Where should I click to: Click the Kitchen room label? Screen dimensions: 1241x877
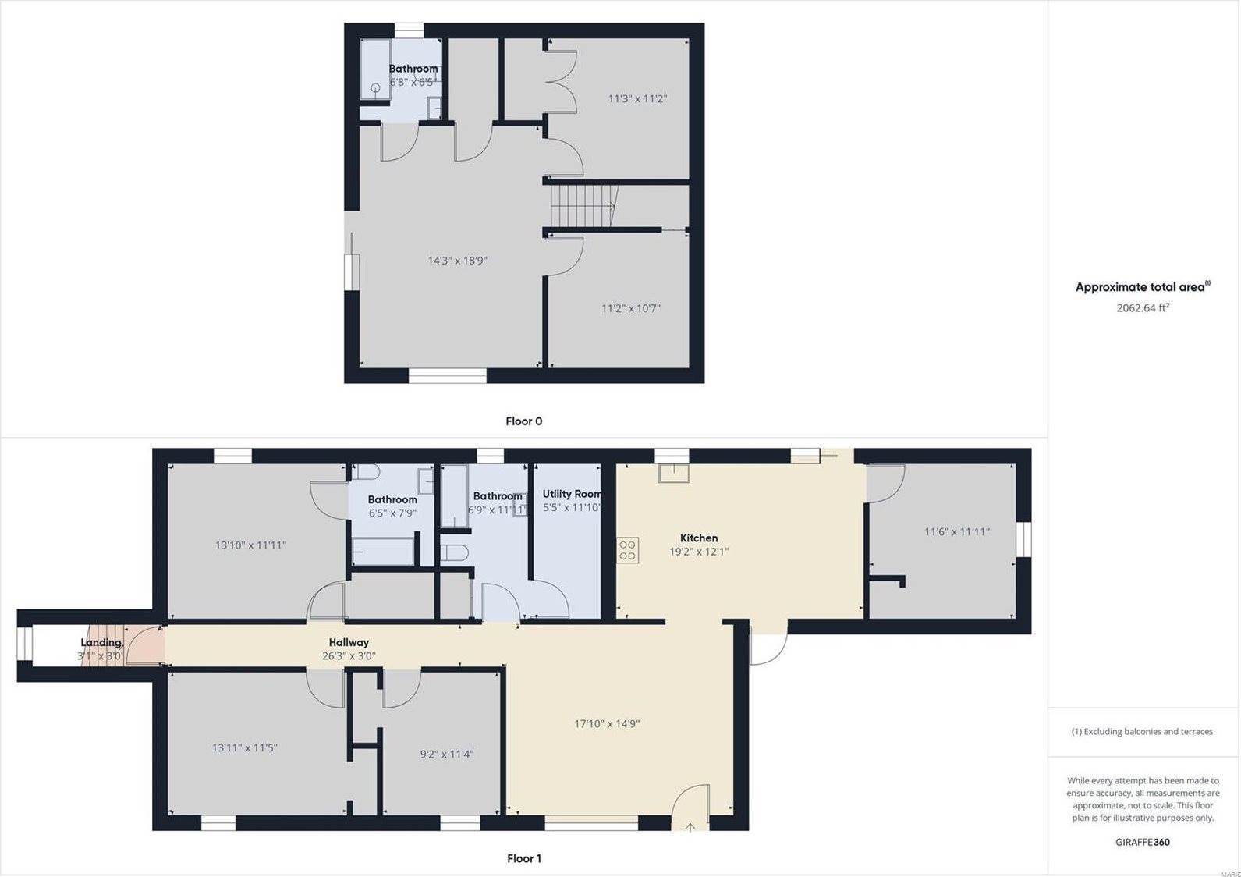[699, 538]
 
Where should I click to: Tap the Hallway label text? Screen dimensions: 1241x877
[349, 643]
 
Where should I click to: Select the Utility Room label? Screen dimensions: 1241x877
[572, 494]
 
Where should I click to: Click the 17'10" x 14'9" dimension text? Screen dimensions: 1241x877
[607, 723]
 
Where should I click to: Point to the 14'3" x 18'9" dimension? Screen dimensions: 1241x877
[457, 261]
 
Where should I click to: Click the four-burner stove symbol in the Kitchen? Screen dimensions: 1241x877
[627, 550]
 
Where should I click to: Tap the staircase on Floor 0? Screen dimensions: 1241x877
[584, 205]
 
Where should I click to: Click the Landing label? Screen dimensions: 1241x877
[101, 643]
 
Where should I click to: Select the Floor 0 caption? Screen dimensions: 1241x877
[523, 421]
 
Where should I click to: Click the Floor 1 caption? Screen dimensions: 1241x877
[523, 858]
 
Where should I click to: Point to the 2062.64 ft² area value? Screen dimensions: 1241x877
[1143, 307]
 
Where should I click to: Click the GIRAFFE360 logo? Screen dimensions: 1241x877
[1143, 842]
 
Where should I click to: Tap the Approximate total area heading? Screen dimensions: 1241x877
[1143, 287]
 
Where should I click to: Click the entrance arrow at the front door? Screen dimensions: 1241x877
[690, 828]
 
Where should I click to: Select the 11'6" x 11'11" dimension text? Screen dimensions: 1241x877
[957, 532]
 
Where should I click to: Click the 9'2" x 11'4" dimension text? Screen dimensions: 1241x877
[446, 754]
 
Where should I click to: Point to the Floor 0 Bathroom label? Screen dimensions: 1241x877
[413, 69]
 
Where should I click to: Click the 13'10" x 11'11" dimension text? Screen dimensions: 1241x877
[250, 545]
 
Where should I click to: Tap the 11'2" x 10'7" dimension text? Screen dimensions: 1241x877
[630, 308]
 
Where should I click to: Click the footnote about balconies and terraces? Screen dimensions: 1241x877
[1143, 731]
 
